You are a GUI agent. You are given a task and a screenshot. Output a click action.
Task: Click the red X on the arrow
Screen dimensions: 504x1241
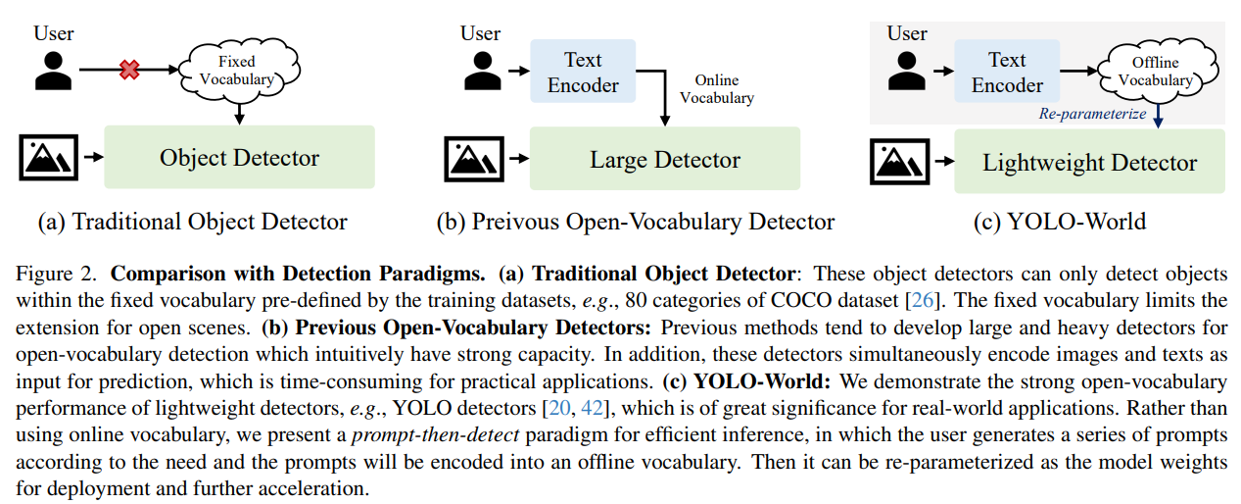(x=128, y=70)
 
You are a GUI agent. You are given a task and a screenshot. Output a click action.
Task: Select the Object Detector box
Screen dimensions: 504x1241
(x=239, y=157)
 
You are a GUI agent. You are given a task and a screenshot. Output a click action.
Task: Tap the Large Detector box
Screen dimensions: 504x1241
(x=664, y=159)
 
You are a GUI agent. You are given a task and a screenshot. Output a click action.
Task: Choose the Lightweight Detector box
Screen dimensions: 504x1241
(x=1089, y=163)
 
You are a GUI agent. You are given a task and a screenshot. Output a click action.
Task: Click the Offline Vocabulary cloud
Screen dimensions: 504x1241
(x=1155, y=72)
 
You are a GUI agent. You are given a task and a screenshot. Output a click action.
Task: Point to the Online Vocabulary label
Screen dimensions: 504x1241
(x=716, y=89)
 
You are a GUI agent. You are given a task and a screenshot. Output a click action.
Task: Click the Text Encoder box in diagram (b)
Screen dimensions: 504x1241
(x=583, y=73)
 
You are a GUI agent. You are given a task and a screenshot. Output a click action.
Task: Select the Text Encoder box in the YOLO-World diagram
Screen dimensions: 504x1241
(x=1007, y=73)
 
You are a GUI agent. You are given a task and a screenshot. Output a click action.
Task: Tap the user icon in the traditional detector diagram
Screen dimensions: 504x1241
(x=54, y=69)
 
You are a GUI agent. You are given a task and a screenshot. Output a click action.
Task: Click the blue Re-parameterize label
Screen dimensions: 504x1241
(x=1093, y=114)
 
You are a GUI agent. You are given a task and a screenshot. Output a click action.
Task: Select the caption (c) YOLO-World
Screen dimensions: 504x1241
(x=1060, y=222)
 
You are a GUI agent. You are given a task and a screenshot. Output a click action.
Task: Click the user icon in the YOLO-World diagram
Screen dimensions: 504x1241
(x=906, y=69)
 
